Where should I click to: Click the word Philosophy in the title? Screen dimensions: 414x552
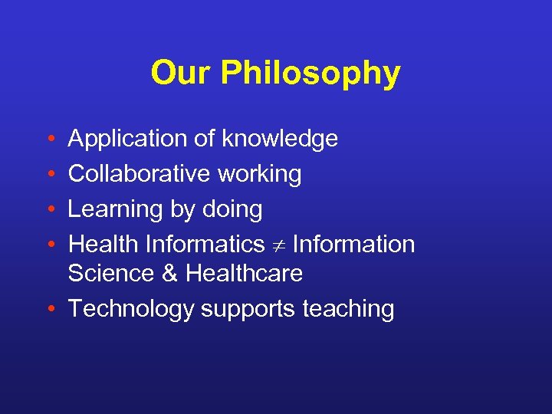(x=310, y=74)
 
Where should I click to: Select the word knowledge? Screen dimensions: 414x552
(x=280, y=140)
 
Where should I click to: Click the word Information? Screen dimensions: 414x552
(x=353, y=245)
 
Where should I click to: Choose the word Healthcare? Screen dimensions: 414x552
(x=245, y=273)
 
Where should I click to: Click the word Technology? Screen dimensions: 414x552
(x=131, y=310)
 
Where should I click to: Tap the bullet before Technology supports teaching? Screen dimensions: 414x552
(x=49, y=310)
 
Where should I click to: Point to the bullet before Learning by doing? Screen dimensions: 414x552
(x=49, y=210)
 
